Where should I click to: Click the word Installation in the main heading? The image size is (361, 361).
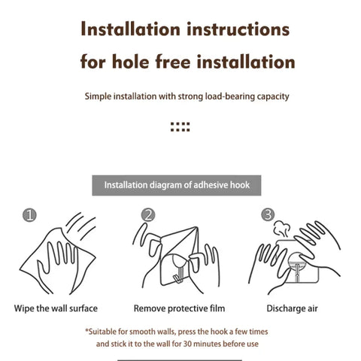(130, 29)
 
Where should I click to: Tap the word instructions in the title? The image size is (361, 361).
(238, 29)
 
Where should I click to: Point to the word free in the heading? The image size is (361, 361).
(173, 62)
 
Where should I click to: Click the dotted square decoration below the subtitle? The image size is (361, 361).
(180, 127)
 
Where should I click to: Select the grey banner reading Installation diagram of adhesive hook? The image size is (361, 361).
(177, 185)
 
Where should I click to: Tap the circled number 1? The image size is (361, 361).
(29, 215)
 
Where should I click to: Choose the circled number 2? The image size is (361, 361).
(148, 215)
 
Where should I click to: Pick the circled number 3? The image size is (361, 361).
(268, 214)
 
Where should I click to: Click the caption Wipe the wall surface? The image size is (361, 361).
(56, 308)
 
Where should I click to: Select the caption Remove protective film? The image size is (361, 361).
(179, 308)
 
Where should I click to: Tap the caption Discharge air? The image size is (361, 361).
(292, 308)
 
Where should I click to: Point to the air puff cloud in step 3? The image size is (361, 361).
(281, 229)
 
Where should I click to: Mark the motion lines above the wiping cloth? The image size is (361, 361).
(80, 226)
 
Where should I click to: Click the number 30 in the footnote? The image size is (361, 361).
(187, 344)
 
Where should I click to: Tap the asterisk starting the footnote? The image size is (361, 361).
(86, 331)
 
